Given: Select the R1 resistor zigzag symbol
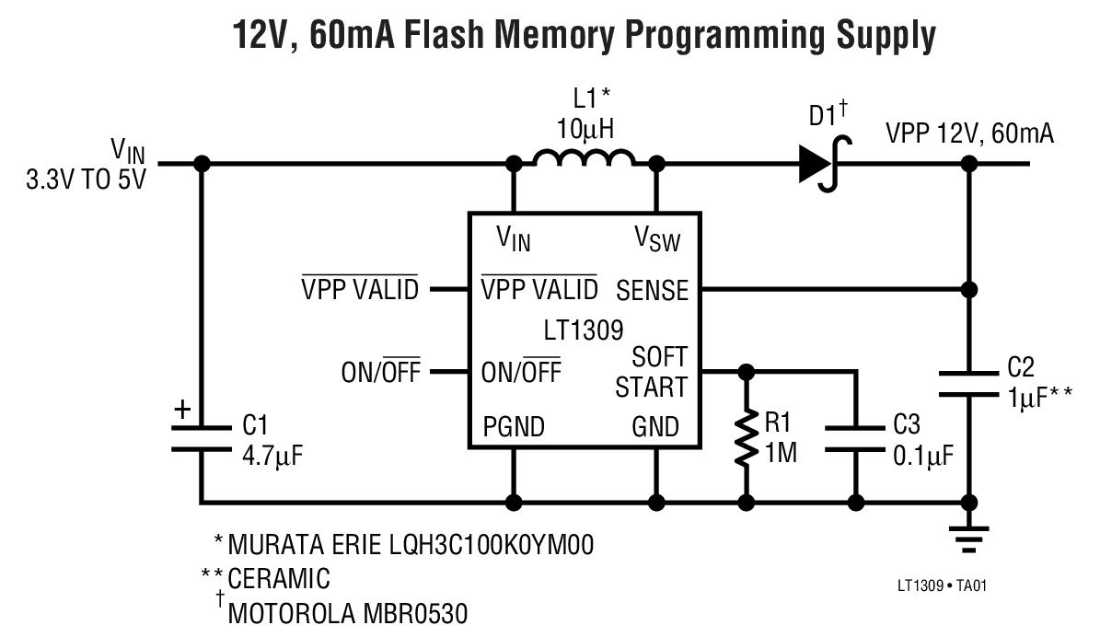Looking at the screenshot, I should [x=746, y=438].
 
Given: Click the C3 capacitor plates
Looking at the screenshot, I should [x=856, y=438].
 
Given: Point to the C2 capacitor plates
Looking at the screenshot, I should [x=968, y=383].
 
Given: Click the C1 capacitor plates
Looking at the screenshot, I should [x=202, y=438].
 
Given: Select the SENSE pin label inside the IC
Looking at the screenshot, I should [x=652, y=291].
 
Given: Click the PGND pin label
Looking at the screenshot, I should [x=513, y=427].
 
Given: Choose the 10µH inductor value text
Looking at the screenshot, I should [x=584, y=128].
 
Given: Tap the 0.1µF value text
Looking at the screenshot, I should [x=923, y=456].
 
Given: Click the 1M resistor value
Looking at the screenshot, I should [x=780, y=456].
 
